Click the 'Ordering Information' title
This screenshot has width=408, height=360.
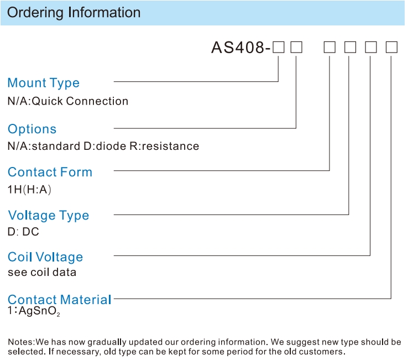tap(74, 13)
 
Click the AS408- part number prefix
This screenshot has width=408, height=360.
tap(241, 48)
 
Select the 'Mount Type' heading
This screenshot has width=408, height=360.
tap(44, 84)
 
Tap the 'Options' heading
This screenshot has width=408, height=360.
tap(32, 129)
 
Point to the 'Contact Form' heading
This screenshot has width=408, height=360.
tap(50, 172)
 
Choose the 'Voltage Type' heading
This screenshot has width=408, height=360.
tap(49, 216)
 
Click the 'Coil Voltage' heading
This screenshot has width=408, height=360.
tap(45, 257)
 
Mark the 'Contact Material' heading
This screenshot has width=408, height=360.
tap(60, 300)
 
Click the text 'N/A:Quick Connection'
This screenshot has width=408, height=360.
tap(68, 101)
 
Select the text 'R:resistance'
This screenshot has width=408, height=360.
tap(164, 147)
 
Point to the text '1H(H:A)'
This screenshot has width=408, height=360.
tap(29, 190)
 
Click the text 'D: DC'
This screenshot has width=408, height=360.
tap(23, 232)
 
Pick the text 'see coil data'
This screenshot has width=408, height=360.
tap(42, 272)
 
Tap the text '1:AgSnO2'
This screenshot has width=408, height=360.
tap(34, 311)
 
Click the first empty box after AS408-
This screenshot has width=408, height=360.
tap(279, 48)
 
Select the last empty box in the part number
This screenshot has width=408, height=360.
tap(391, 48)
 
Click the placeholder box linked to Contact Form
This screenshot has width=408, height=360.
tap(329, 48)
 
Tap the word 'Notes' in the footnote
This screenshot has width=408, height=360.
tap(21, 342)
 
